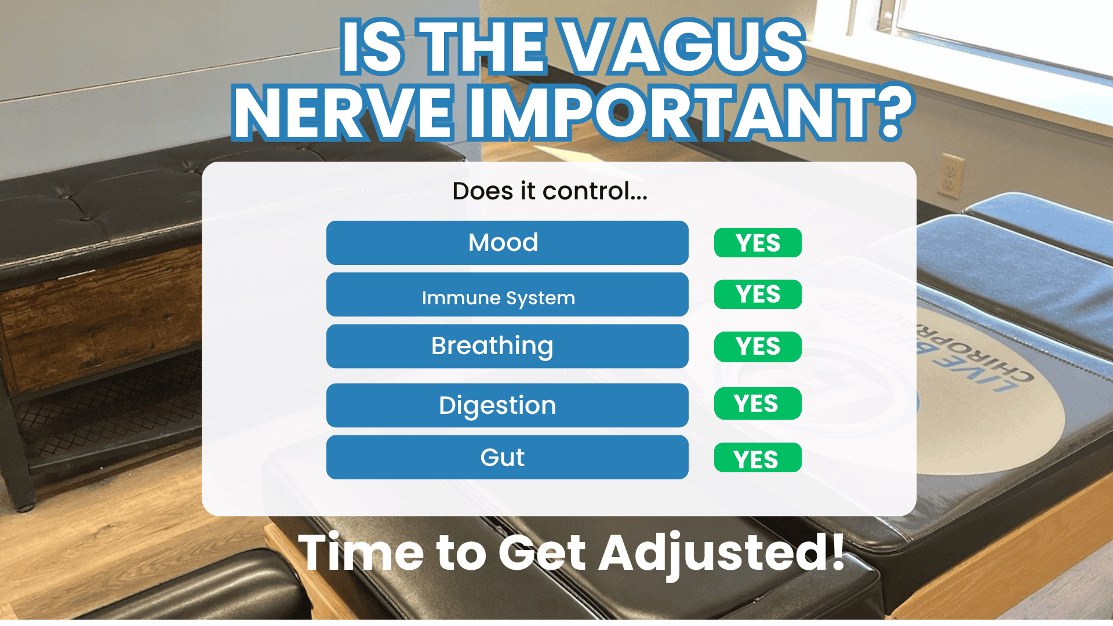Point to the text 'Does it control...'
[x=550, y=191]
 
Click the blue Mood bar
[x=507, y=242]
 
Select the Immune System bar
[x=507, y=294]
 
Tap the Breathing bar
[x=507, y=346]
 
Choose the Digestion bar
[x=507, y=405]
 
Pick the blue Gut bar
[x=507, y=457]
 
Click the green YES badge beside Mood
[x=758, y=243]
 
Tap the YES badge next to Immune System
[x=758, y=294]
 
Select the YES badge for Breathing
[x=758, y=347]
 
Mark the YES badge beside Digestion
[x=758, y=403]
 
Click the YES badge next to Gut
[x=758, y=458]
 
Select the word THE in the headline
[x=483, y=46]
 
